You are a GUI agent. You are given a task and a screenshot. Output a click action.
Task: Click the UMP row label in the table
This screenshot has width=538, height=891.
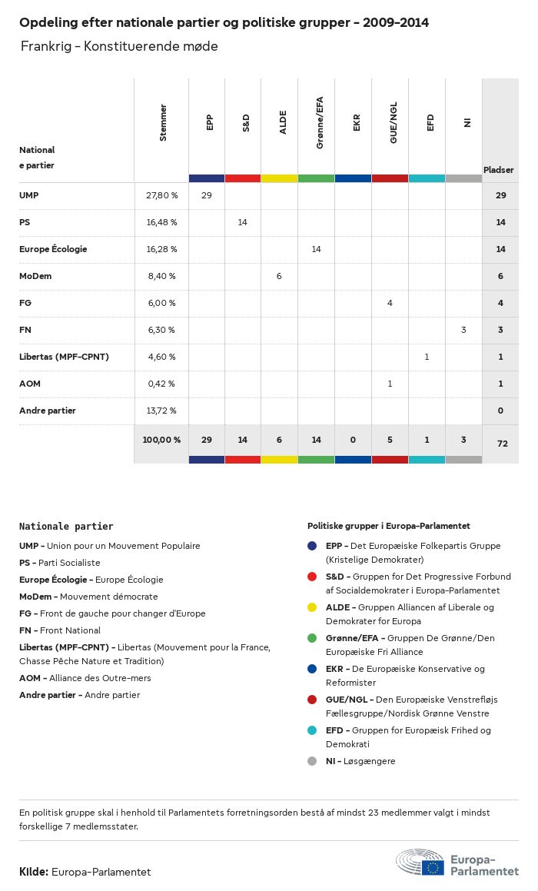point(29,195)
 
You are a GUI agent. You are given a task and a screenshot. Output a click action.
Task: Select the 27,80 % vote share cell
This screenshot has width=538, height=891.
point(161,195)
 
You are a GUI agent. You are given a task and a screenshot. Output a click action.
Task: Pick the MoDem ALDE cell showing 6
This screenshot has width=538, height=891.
point(279,276)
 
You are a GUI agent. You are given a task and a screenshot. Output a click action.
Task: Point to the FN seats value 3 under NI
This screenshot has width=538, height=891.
point(463,330)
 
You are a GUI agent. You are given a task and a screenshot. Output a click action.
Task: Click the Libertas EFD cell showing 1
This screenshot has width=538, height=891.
point(427,357)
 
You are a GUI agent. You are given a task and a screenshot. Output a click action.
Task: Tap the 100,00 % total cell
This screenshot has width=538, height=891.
point(161,440)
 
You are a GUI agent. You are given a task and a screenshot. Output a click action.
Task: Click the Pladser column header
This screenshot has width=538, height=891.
point(499,169)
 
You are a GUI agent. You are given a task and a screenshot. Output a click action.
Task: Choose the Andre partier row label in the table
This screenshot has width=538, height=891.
point(48,411)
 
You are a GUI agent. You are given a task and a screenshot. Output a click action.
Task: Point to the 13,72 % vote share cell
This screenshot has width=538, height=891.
point(161,411)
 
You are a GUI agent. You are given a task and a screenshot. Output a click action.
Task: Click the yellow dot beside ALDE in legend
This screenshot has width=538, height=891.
point(312,607)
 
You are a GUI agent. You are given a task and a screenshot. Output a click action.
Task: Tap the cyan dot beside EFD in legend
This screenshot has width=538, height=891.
point(312,730)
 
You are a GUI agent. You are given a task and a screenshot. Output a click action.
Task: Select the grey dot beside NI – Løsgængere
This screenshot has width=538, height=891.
point(312,761)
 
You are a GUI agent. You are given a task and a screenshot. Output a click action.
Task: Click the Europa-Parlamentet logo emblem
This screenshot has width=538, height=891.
point(420,863)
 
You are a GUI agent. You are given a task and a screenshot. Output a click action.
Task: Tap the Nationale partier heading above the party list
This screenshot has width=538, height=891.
point(66,527)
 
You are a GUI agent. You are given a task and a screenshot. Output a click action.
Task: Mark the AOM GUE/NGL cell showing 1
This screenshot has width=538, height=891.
point(390,384)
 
